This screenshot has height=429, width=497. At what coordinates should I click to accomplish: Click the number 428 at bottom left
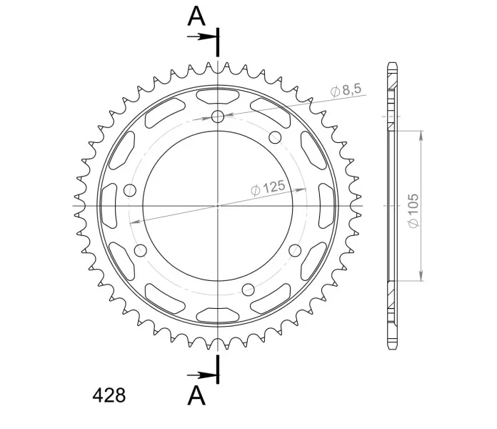pyautogui.click(x=109, y=395)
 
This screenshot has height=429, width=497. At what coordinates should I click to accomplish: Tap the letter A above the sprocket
pyautogui.click(x=196, y=16)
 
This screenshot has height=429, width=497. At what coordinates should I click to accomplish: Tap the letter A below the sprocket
pyautogui.click(x=196, y=395)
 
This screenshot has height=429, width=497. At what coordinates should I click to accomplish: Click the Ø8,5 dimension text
pyautogui.click(x=346, y=90)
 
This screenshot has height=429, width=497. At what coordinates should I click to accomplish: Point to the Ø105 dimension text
pyautogui.click(x=413, y=210)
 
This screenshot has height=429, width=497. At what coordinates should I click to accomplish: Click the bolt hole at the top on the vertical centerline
pyautogui.click(x=217, y=117)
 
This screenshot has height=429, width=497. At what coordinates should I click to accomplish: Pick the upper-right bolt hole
pyautogui.click(x=275, y=137)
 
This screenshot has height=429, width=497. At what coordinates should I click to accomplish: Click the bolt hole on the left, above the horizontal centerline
pyautogui.click(x=130, y=190)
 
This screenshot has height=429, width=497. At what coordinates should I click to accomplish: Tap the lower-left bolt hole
pyautogui.click(x=141, y=250)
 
